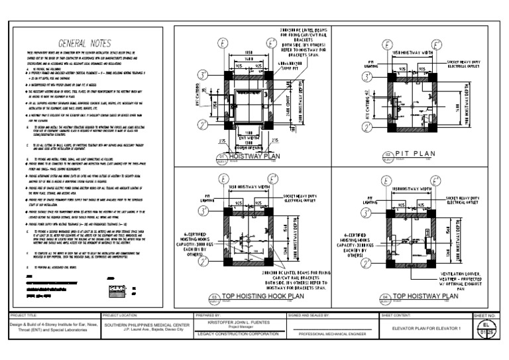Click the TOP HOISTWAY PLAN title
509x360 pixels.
(425, 296)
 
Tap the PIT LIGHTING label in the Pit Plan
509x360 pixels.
(372, 64)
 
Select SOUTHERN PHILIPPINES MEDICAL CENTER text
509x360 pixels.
(146, 324)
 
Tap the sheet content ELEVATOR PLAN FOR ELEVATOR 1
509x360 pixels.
(425, 328)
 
